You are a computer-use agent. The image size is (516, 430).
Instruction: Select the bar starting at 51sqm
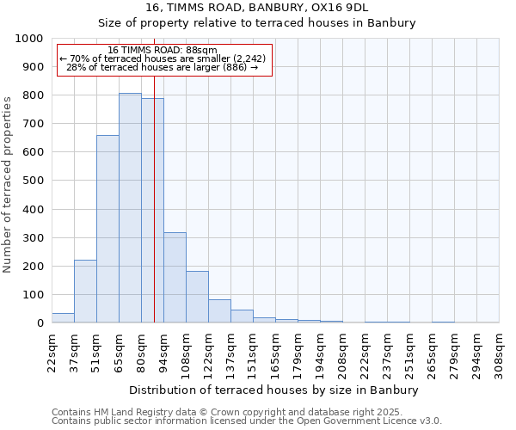(107, 229)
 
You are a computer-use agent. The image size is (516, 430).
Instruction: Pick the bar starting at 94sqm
(175, 278)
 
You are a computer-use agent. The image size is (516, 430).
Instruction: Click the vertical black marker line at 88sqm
(154, 198)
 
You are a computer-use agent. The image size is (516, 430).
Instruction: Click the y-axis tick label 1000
(29, 39)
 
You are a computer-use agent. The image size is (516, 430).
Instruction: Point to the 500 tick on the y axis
(33, 181)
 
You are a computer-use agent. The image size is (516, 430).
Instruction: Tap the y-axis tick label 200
(33, 267)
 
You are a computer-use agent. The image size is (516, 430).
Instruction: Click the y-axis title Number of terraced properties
(8, 184)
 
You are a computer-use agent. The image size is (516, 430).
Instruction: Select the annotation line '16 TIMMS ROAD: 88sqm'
(163, 50)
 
